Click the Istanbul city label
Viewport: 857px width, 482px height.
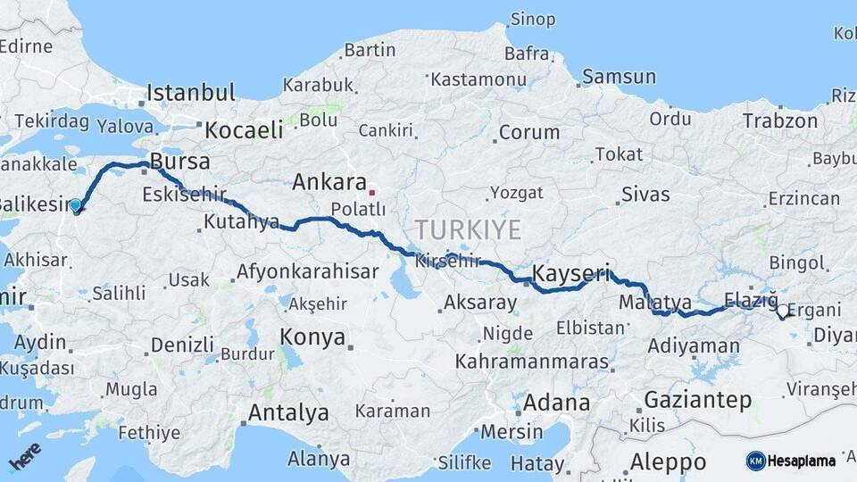click(x=190, y=92)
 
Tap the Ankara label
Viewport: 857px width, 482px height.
click(x=329, y=183)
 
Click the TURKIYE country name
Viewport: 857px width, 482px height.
click(x=467, y=229)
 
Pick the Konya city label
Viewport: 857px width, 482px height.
click(x=312, y=337)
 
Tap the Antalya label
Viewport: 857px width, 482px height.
click(x=287, y=413)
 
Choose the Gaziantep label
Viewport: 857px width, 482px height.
click(x=697, y=400)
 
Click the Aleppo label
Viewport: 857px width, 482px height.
click(x=669, y=461)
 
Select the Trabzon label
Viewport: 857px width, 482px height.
click(x=779, y=120)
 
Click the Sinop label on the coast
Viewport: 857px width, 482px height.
click(x=532, y=19)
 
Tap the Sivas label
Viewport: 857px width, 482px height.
click(x=645, y=193)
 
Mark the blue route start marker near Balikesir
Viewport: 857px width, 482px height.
click(x=76, y=206)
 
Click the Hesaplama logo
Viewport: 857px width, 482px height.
click(x=791, y=461)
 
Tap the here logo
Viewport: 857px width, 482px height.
click(x=23, y=457)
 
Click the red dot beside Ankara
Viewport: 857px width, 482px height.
click(x=372, y=191)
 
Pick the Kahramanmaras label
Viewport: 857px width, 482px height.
click(x=531, y=362)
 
